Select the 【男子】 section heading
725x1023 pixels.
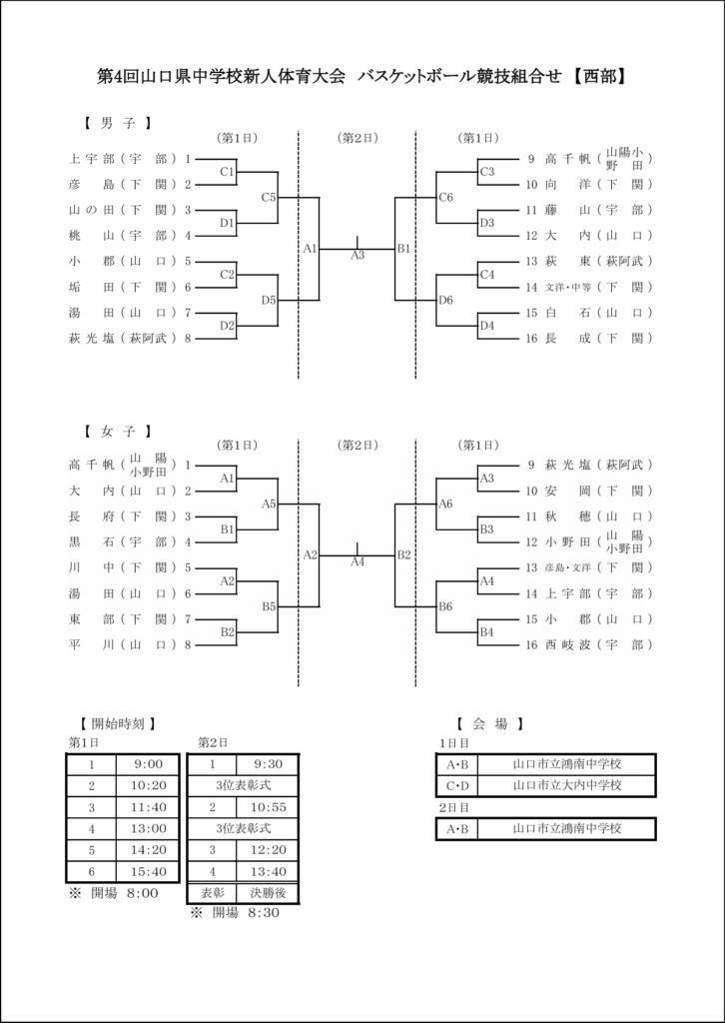coord(116,124)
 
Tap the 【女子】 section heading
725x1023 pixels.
coord(116,432)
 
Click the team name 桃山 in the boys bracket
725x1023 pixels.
coord(90,236)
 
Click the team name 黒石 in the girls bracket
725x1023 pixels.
coord(90,542)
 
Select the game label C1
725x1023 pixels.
coord(228,171)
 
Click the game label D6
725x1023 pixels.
coord(446,300)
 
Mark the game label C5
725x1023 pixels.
coord(269,197)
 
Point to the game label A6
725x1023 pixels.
coord(446,504)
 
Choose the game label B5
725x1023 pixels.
coord(269,606)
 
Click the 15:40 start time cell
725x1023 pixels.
coord(147,870)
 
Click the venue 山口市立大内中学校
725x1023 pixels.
coord(566,785)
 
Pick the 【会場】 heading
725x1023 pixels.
coord(488,723)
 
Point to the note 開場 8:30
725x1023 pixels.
coord(239,913)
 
